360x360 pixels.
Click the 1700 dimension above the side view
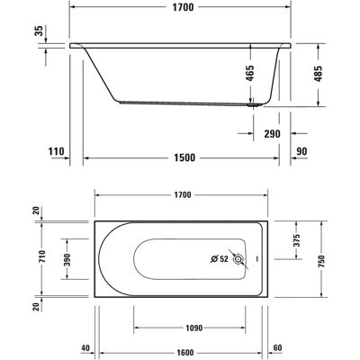click(183, 7)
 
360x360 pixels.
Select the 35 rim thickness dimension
click(40, 31)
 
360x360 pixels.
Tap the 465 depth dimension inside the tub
click(249, 73)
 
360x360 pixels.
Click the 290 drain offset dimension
click(272, 133)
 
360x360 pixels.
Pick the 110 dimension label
click(57, 151)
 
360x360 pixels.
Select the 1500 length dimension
click(184, 157)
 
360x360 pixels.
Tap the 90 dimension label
click(301, 151)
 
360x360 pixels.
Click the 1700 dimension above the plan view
click(183, 195)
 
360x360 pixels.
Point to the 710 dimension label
click(42, 256)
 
